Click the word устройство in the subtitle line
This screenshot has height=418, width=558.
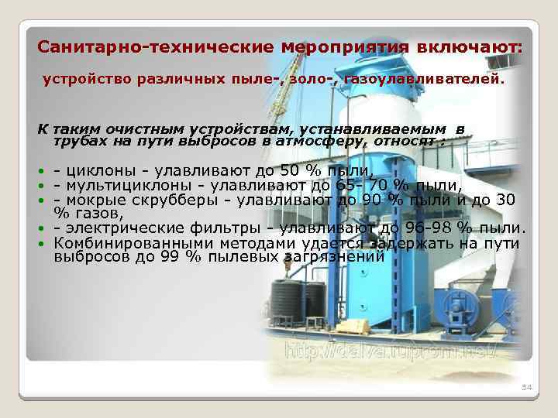click(81, 79)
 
